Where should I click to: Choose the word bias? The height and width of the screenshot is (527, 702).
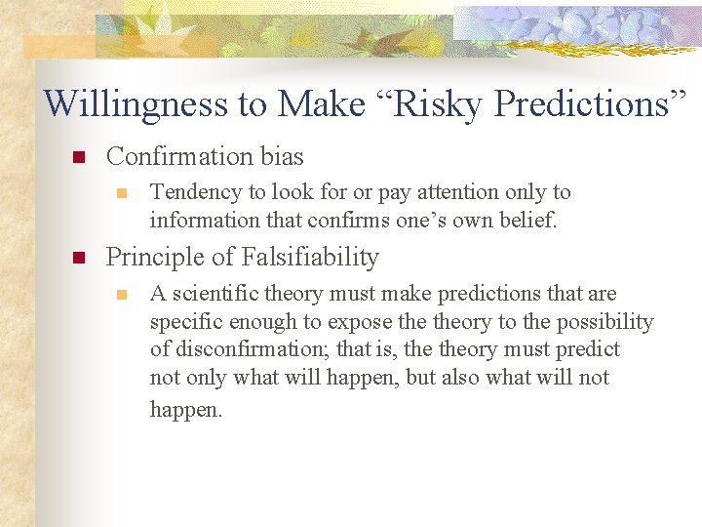click(281, 156)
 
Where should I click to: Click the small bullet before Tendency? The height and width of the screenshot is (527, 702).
click(121, 193)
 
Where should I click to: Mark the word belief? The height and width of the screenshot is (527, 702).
click(528, 221)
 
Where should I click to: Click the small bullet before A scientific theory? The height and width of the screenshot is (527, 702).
click(121, 295)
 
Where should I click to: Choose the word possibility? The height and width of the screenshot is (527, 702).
click(604, 322)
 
